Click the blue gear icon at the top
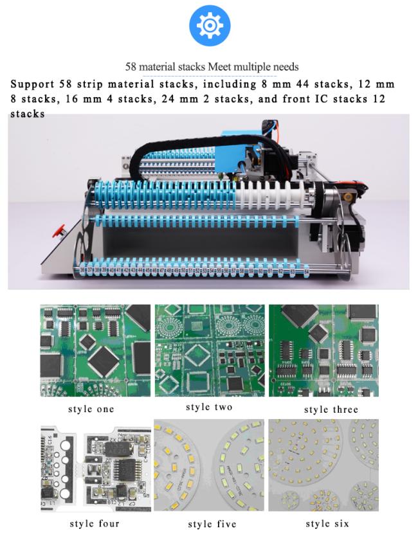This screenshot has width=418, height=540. [209, 25]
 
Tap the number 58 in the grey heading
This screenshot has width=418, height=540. [131, 67]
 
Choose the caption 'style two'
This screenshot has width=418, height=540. [209, 407]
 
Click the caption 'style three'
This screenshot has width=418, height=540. [331, 409]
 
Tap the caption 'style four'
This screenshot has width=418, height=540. [94, 523]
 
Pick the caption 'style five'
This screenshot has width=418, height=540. [212, 524]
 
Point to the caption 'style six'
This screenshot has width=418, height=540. [327, 524]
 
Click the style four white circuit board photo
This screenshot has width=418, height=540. [95, 467]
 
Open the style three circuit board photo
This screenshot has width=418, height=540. [323, 350]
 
